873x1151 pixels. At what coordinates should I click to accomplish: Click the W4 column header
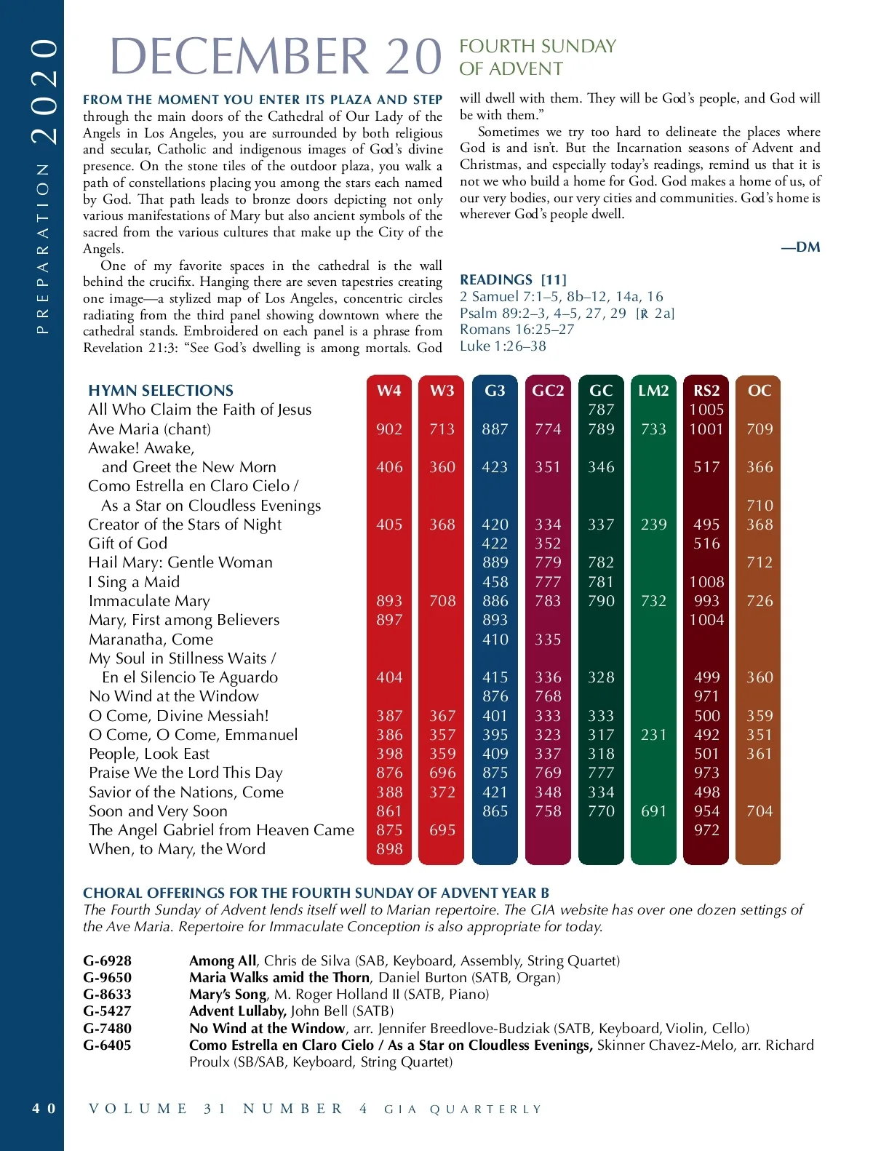[x=389, y=391]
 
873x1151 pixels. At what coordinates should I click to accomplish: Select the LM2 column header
[x=653, y=391]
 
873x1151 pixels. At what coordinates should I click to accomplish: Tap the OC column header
[x=759, y=391]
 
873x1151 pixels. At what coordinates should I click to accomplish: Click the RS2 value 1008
[x=706, y=582]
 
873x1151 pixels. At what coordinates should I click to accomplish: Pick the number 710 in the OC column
[x=759, y=506]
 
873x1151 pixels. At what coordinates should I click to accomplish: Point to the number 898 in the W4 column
[x=389, y=849]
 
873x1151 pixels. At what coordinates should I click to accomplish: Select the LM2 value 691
[x=653, y=811]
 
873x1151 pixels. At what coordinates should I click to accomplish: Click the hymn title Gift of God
[x=128, y=543]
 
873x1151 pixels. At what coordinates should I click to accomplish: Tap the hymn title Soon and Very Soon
[x=158, y=811]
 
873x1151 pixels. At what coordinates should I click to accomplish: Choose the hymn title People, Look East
[x=149, y=754]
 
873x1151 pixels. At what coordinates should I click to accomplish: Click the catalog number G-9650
[x=108, y=978]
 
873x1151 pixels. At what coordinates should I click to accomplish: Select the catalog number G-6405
[x=108, y=1046]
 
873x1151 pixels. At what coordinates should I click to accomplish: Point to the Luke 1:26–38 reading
[x=503, y=346]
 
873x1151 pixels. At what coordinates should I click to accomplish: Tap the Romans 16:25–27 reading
[x=517, y=330]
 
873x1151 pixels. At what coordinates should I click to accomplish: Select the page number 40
[x=43, y=1109]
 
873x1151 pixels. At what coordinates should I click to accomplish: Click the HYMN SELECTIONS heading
[x=161, y=391]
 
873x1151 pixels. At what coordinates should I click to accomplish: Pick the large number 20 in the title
[x=413, y=57]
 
